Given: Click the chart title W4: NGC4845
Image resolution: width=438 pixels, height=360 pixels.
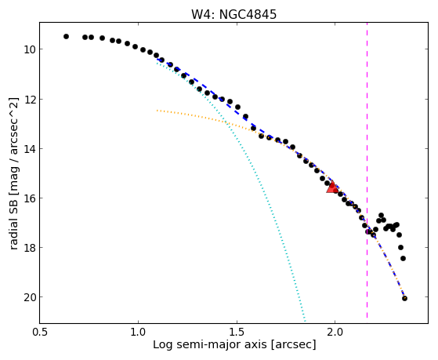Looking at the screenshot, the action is pyautogui.click(x=233, y=14).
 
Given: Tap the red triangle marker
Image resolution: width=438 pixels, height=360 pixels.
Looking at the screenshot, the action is pyautogui.click(x=332, y=187).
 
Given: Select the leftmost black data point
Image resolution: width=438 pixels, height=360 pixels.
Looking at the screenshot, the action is pyautogui.click(x=66, y=36).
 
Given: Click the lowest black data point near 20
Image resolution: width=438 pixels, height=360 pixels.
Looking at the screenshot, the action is pyautogui.click(x=404, y=299).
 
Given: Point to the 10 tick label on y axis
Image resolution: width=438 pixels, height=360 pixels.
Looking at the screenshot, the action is pyautogui.click(x=29, y=49).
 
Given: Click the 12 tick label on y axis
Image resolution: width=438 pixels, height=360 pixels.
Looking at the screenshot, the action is pyautogui.click(x=29, y=100).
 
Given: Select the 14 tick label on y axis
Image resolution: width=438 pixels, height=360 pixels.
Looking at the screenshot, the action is pyautogui.click(x=29, y=149).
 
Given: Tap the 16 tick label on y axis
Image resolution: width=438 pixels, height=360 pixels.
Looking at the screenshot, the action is pyautogui.click(x=29, y=198).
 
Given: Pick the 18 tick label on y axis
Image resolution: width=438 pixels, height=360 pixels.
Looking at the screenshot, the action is pyautogui.click(x=29, y=248).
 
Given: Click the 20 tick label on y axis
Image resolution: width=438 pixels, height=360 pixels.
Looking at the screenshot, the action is pyautogui.click(x=29, y=297).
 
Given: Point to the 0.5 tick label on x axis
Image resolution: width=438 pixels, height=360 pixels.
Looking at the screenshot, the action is pyautogui.click(x=40, y=332).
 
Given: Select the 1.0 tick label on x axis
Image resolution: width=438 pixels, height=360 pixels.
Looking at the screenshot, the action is pyautogui.click(x=139, y=332).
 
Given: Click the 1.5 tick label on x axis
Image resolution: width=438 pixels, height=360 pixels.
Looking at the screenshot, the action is pyautogui.click(x=237, y=332).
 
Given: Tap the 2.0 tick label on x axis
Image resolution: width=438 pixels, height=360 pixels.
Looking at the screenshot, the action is pyautogui.click(x=335, y=332).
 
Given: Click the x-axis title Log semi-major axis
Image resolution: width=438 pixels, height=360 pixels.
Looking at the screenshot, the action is pyautogui.click(x=209, y=345).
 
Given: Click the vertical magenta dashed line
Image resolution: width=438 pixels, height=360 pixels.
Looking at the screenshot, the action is pyautogui.click(x=367, y=170).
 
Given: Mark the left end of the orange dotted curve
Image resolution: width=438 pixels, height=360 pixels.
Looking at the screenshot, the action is pyautogui.click(x=157, y=111).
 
